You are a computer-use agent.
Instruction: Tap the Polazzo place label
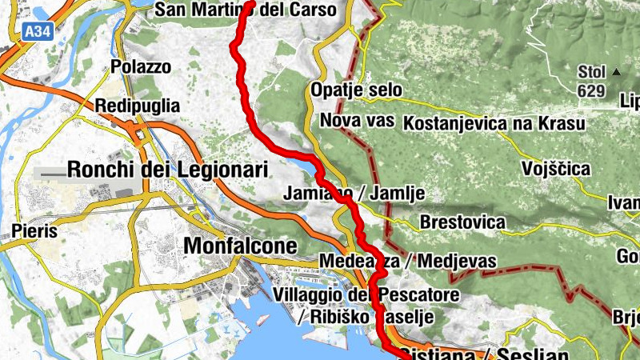click(141, 67)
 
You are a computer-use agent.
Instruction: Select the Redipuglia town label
click(138, 106)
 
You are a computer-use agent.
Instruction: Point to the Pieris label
click(35, 231)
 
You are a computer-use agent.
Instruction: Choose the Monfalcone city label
click(240, 246)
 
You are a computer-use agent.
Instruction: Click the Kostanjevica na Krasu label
click(494, 124)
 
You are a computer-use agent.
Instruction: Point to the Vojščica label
click(555, 169)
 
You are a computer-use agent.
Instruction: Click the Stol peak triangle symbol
click(616, 72)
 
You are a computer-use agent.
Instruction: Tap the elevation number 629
click(590, 91)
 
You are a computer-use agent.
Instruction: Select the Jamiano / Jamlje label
click(354, 194)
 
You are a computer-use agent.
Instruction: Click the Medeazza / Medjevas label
click(407, 262)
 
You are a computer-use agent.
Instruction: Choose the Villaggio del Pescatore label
click(366, 296)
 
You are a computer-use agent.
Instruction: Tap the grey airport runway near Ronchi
click(64, 173)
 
